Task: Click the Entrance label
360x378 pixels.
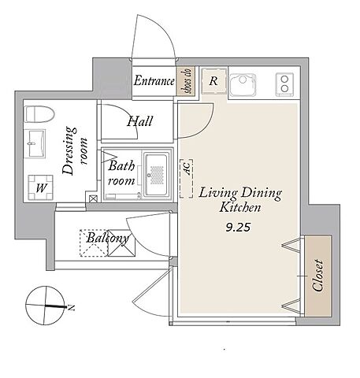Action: pyautogui.click(x=154, y=80)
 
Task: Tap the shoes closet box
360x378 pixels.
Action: pyautogui.click(x=187, y=81)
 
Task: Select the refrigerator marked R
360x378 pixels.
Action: pyautogui.click(x=213, y=81)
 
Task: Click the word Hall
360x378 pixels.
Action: pyautogui.click(x=140, y=121)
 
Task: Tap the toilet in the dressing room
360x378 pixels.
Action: pyautogui.click(x=39, y=114)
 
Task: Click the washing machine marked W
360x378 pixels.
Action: pyautogui.click(x=41, y=187)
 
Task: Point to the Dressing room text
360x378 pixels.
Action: pyautogui.click(x=75, y=150)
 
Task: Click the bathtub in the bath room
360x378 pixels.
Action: pyautogui.click(x=157, y=175)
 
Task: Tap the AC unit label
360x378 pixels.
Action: pyautogui.click(x=187, y=168)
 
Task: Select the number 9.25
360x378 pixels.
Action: pyautogui.click(x=238, y=227)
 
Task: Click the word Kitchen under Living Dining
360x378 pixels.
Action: pyautogui.click(x=240, y=207)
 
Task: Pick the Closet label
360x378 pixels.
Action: pyautogui.click(x=318, y=276)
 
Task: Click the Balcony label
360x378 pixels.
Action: pyautogui.click(x=108, y=238)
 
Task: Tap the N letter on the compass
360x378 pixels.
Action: pyautogui.click(x=71, y=307)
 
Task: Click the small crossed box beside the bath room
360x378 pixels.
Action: pyautogui.click(x=93, y=198)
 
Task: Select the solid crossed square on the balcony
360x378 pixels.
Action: pyautogui.click(x=122, y=243)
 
